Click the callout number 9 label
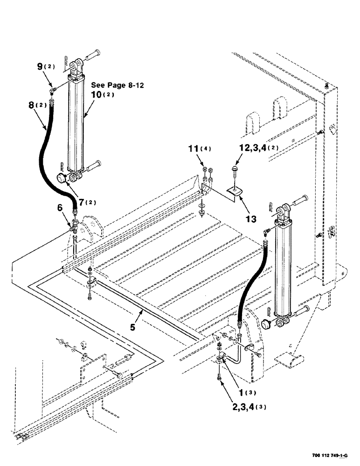click(40, 67)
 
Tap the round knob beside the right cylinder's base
click(266, 323)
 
